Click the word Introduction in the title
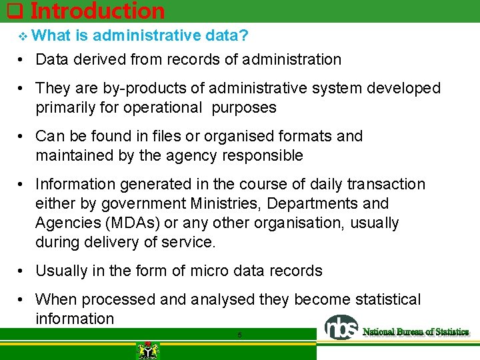[x=97, y=11]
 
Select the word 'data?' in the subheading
[x=228, y=36]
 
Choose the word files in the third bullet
[x=163, y=136]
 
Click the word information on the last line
[x=75, y=319]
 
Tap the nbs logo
[x=341, y=327]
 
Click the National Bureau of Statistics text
[x=415, y=331]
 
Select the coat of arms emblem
[x=144, y=350]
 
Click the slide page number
[x=239, y=335]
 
